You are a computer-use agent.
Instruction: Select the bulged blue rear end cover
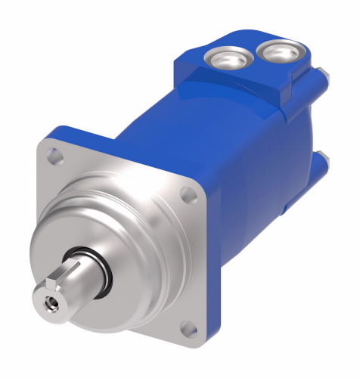point(299,144)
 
